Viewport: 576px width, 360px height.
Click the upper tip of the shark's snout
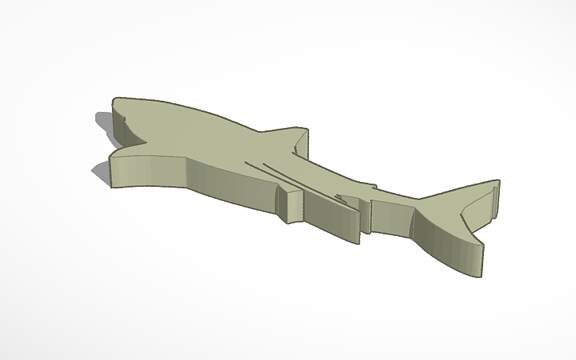(x=116, y=101)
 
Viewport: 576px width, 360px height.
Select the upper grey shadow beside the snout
(x=104, y=121)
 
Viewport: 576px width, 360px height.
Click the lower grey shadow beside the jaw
(x=100, y=172)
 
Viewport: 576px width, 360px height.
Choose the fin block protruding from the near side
(x=292, y=204)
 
